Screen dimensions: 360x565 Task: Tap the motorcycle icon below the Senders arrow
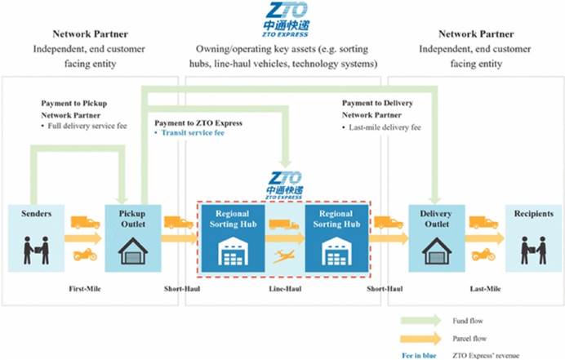click(x=84, y=255)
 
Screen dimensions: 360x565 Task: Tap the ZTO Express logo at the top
click(x=283, y=18)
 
